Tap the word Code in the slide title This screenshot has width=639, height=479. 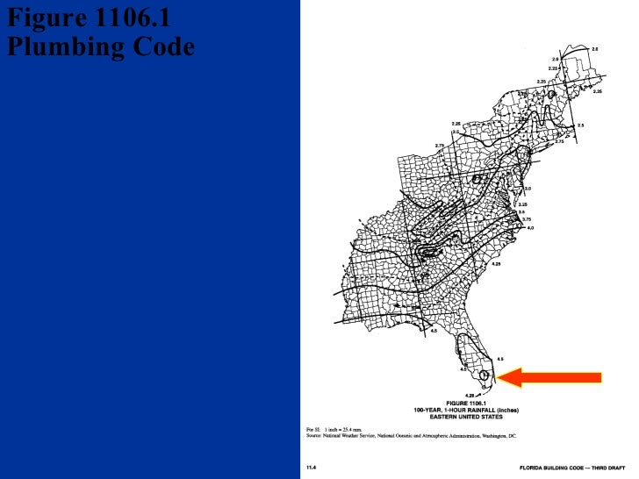point(163,46)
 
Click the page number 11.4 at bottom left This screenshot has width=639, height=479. point(312,468)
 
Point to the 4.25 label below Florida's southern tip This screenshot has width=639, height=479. point(470,396)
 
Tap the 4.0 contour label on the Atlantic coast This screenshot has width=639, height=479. point(530,227)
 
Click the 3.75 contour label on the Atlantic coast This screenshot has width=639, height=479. point(527,219)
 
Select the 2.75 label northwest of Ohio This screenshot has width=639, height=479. point(439,145)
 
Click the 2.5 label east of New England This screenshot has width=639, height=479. point(580,125)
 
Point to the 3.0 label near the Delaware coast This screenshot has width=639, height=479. point(528,189)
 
